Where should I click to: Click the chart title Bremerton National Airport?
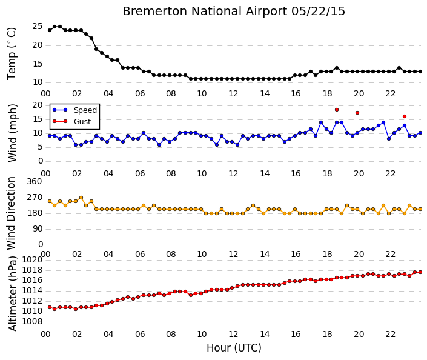click(205, 12)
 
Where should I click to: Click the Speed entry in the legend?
click(85, 110)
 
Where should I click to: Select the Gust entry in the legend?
click(82, 122)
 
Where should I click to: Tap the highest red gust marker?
click(337, 110)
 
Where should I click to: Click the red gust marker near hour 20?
click(357, 113)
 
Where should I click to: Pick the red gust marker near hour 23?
click(405, 116)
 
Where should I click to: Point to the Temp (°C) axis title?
click(12, 54)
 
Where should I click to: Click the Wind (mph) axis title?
click(13, 133)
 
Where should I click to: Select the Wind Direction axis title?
click(11, 213)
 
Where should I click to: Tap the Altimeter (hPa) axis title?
click(13, 293)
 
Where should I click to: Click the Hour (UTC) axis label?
click(234, 348)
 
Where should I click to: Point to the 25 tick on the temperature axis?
click(38, 27)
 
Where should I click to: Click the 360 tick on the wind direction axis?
click(35, 181)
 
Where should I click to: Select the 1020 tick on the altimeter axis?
click(32, 259)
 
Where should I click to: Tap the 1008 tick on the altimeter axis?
click(32, 322)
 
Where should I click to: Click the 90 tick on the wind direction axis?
click(38, 228)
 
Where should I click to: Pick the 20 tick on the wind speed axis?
click(38, 105)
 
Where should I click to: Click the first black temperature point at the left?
click(50, 30)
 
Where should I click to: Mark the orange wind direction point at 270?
click(81, 198)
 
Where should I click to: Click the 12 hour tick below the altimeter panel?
click(233, 334)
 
